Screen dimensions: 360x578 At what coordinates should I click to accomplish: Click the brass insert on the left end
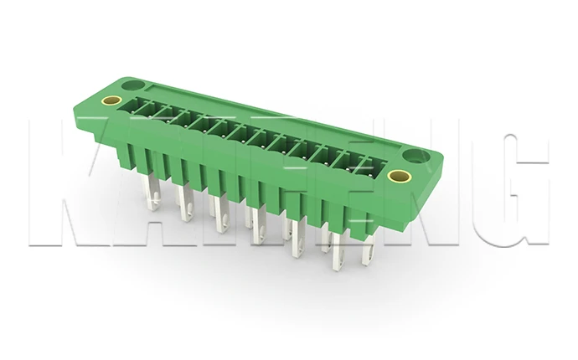111,101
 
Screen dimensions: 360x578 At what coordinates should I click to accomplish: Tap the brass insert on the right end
400,175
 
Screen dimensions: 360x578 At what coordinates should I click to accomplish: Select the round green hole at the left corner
132,85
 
